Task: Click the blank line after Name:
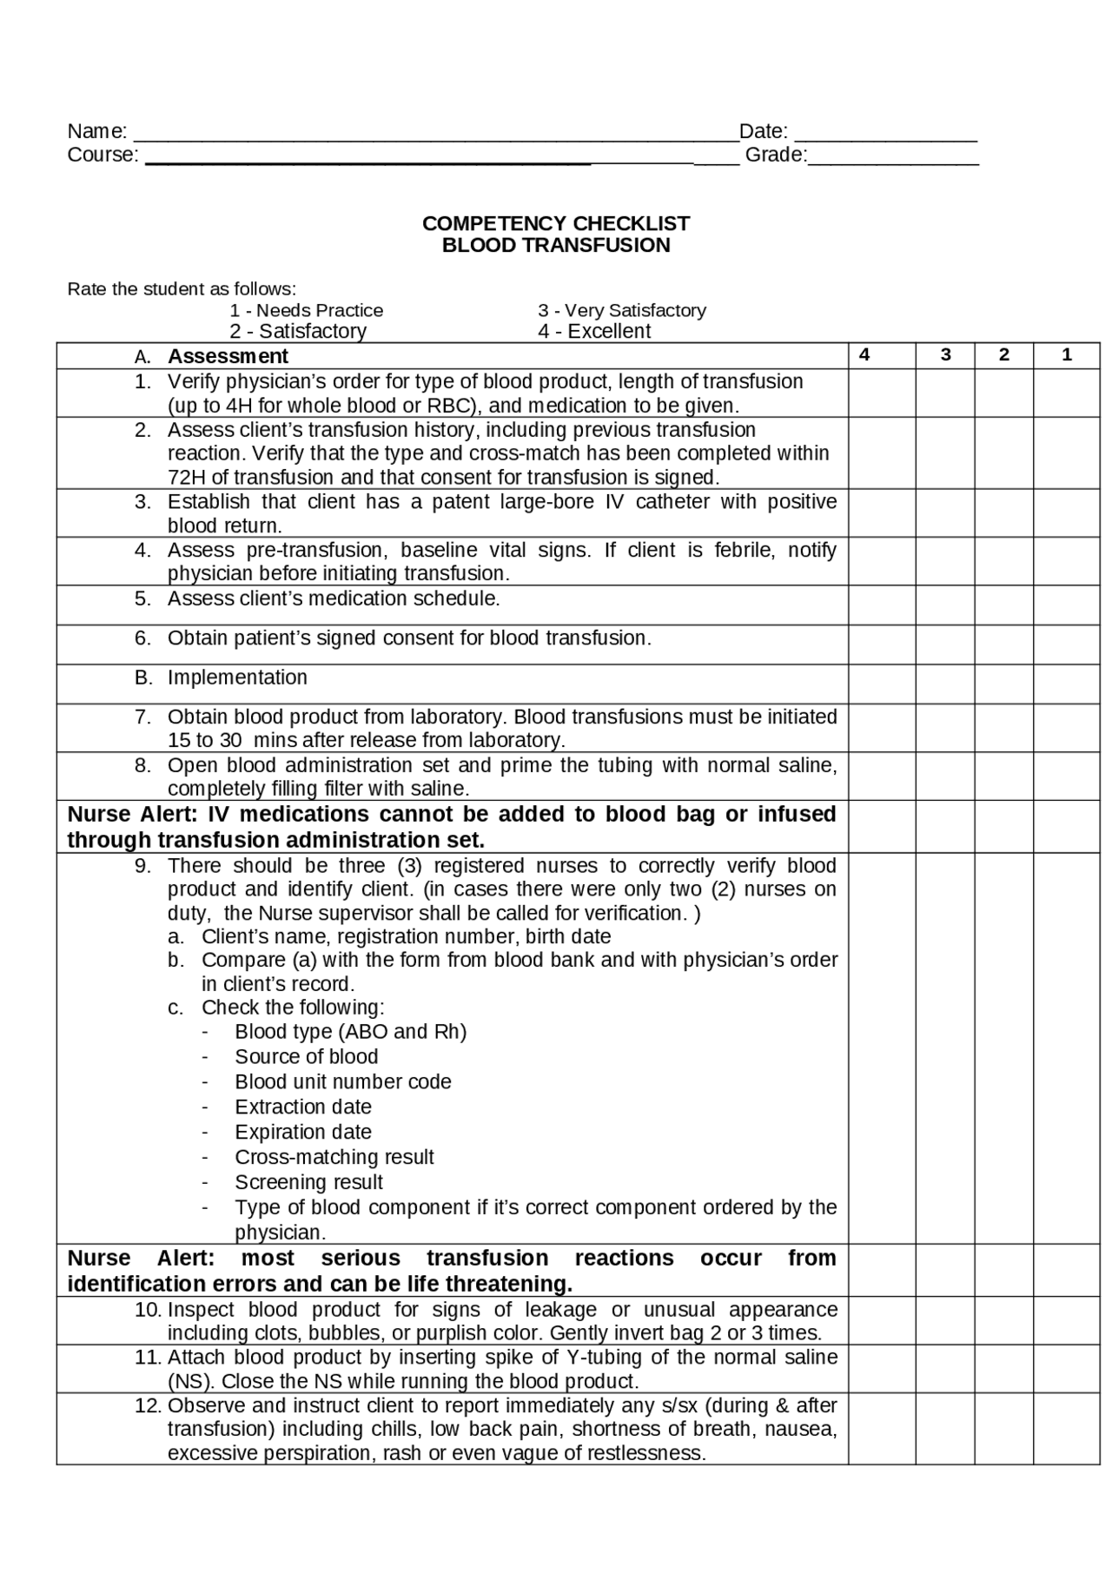tap(434, 135)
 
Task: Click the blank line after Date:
tap(885, 135)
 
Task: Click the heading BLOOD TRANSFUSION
tap(556, 246)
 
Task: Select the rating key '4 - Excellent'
tap(594, 332)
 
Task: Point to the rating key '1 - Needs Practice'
tap(306, 311)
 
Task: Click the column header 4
tap(864, 355)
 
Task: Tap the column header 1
tap(1067, 355)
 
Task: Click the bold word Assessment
tap(228, 357)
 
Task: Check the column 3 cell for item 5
tap(945, 605)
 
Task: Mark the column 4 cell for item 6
tap(882, 645)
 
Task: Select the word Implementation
tap(237, 677)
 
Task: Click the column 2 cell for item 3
tap(1003, 513)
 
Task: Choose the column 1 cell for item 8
tap(1067, 777)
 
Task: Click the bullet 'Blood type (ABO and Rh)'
tap(350, 1032)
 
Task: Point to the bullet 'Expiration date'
tap(303, 1133)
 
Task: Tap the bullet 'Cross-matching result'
tap(334, 1158)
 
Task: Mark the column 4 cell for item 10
tap(882, 1321)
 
